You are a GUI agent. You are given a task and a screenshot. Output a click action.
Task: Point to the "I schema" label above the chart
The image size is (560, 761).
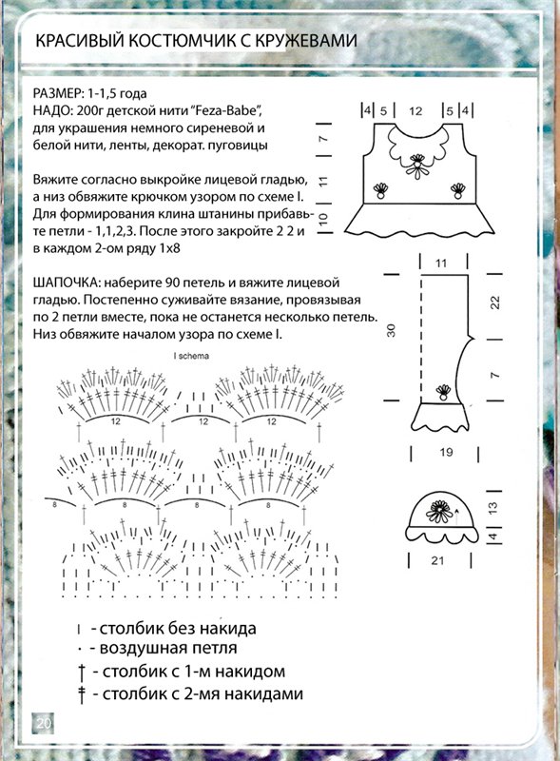(x=191, y=356)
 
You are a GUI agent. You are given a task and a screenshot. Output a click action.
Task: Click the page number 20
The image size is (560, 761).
(x=43, y=724)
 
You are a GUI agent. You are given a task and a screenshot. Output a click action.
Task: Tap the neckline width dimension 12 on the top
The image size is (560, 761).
(x=415, y=111)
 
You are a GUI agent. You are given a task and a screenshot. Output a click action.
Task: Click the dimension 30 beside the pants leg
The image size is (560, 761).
(x=391, y=330)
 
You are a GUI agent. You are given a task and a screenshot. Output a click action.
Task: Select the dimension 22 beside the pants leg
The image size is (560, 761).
(x=494, y=302)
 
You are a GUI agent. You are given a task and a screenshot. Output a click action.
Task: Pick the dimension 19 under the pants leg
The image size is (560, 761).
(x=446, y=453)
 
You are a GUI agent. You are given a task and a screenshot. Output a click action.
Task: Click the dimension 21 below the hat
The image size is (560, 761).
(x=437, y=560)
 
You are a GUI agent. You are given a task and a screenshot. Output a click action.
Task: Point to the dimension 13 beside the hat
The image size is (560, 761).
(x=492, y=508)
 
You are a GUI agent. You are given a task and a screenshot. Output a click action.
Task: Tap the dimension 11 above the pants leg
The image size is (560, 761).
(x=440, y=263)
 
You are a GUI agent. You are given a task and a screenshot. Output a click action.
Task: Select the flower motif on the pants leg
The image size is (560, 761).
(x=442, y=392)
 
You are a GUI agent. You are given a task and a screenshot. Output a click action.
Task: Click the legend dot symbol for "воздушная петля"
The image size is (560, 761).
(x=79, y=649)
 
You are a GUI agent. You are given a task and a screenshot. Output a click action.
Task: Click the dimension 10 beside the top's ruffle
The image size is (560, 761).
(x=323, y=220)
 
